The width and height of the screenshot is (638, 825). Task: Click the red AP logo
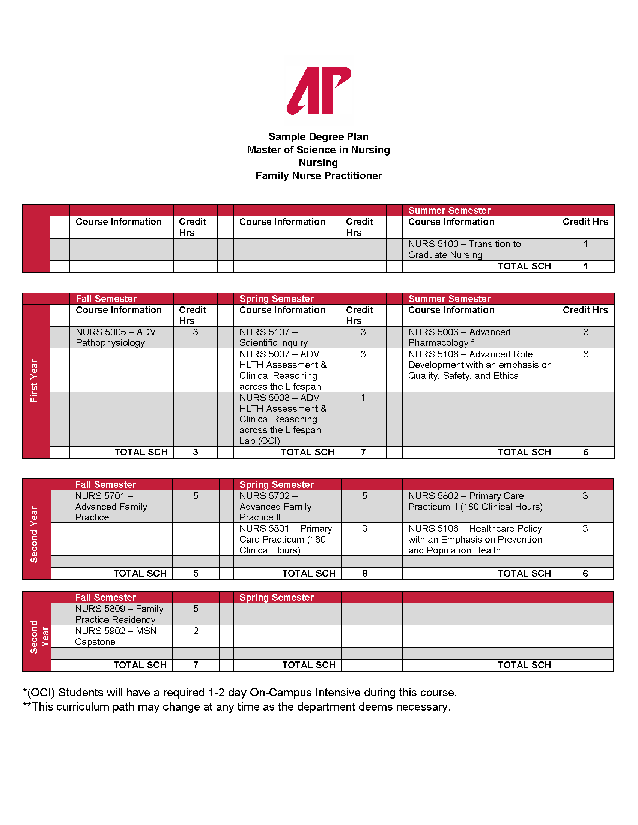(x=319, y=90)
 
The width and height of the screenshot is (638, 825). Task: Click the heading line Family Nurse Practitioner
(x=319, y=175)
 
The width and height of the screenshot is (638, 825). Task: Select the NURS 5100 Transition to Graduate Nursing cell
(x=464, y=249)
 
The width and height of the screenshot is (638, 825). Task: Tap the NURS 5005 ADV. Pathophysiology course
(x=117, y=337)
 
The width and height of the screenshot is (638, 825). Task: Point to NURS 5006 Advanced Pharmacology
(x=459, y=337)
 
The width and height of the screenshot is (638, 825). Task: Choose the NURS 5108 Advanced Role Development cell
(x=479, y=365)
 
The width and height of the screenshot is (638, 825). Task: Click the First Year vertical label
(x=34, y=381)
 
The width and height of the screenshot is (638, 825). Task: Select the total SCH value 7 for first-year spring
(x=363, y=452)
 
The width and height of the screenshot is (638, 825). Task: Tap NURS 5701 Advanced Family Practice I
(x=111, y=507)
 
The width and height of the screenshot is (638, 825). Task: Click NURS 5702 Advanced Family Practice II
(x=275, y=507)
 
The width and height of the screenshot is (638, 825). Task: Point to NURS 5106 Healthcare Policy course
(x=475, y=539)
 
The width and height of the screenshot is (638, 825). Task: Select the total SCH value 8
(x=364, y=573)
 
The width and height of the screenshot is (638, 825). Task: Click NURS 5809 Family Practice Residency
(x=119, y=614)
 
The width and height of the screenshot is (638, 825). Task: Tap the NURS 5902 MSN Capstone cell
(x=115, y=636)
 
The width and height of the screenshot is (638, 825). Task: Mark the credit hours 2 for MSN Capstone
(x=196, y=631)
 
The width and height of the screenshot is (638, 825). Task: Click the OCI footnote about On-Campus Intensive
(x=240, y=693)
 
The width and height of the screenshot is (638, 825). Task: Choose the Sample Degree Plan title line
(x=318, y=137)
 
